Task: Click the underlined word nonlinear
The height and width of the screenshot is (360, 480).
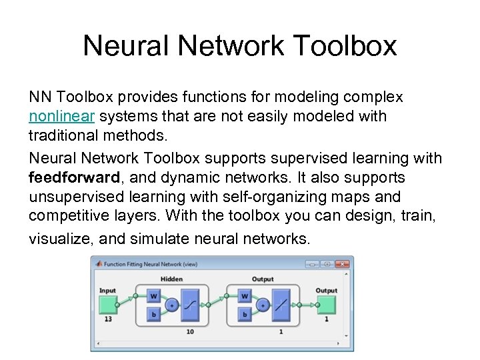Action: click(x=62, y=117)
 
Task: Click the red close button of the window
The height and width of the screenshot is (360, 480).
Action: click(x=341, y=264)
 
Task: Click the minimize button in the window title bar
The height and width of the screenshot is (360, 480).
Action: click(x=311, y=264)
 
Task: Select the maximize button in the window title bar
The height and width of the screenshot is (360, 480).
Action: click(x=325, y=264)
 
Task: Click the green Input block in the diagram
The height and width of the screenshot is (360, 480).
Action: click(x=107, y=305)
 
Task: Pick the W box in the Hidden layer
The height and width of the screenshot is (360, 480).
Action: click(x=153, y=295)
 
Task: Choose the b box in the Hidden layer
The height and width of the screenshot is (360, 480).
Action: click(x=153, y=314)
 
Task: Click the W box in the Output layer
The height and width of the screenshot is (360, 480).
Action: click(x=245, y=295)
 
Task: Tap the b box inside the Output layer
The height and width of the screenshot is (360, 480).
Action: click(x=245, y=314)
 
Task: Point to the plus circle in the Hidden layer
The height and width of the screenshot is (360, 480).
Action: click(x=171, y=305)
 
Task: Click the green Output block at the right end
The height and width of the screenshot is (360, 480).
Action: click(x=326, y=305)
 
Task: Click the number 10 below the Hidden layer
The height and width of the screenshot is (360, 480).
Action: click(x=189, y=331)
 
